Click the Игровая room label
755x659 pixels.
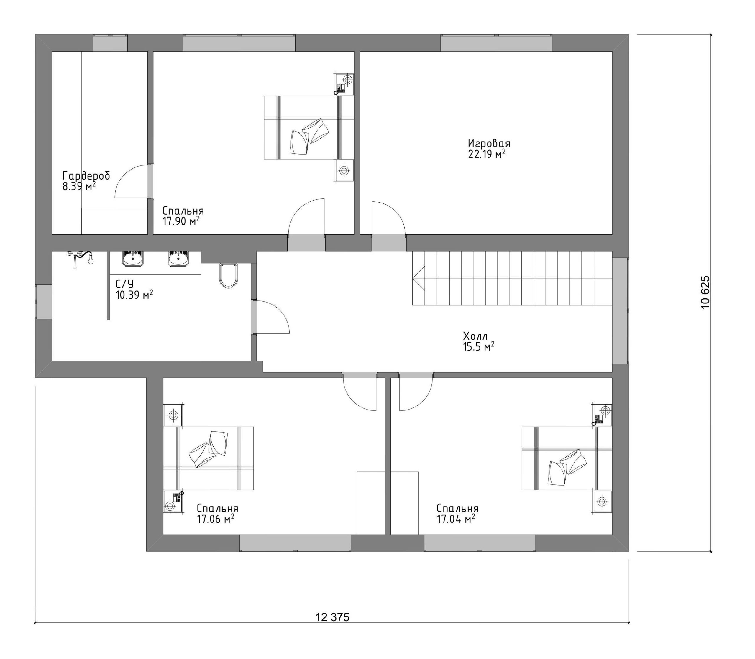[489, 143]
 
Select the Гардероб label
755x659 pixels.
[86, 176]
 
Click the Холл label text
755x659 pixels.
[475, 336]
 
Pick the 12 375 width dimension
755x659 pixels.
[332, 617]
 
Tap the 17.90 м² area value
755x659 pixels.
[181, 221]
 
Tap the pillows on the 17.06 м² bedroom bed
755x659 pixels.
[209, 449]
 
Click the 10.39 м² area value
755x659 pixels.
[134, 295]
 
